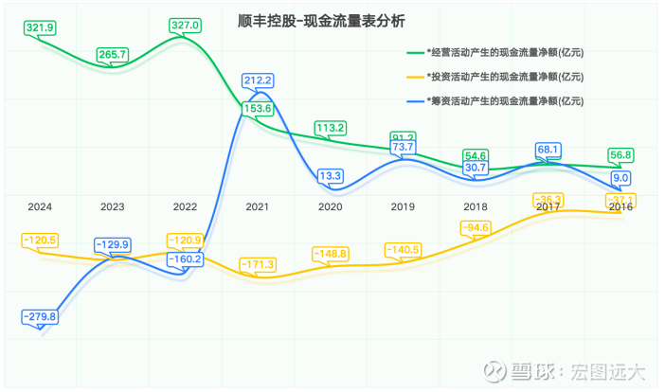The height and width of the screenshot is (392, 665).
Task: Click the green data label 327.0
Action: [185, 26]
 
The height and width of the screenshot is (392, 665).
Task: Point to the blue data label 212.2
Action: [258, 80]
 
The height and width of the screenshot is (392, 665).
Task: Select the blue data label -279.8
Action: [41, 316]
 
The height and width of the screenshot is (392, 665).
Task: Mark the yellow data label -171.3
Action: [258, 262]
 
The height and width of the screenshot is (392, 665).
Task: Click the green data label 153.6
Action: [258, 109]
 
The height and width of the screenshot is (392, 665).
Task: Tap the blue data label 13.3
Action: [331, 175]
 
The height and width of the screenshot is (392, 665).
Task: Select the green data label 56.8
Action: [621, 155]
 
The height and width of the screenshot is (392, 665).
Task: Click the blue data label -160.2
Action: [186, 258]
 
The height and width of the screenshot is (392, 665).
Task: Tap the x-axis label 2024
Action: [40, 206]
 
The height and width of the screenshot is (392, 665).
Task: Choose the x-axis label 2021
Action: [257, 206]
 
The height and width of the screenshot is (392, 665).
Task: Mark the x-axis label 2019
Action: [403, 206]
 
